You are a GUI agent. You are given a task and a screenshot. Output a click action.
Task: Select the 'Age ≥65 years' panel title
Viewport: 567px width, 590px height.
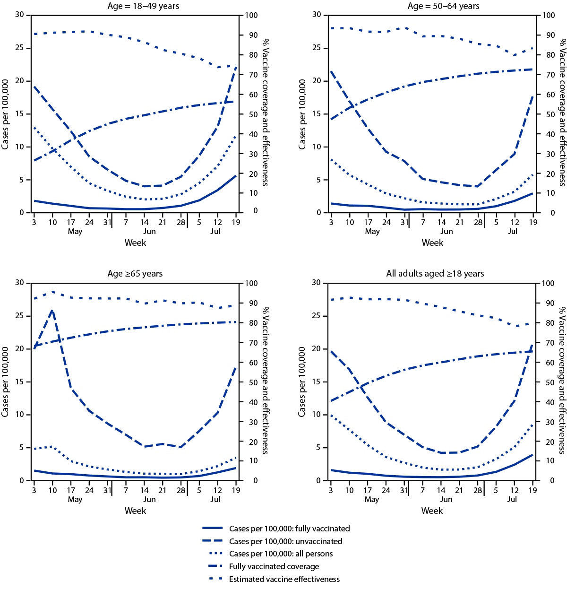click(x=135, y=274)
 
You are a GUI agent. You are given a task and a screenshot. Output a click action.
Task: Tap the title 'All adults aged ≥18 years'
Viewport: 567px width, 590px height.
click(x=435, y=274)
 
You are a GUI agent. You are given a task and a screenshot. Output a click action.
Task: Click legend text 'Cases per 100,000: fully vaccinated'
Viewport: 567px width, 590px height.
click(x=289, y=529)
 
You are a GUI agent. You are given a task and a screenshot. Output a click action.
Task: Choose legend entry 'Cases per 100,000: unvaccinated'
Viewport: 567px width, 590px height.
click(x=285, y=541)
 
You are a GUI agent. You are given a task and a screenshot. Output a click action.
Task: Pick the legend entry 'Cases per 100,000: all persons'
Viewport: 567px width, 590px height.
click(x=281, y=554)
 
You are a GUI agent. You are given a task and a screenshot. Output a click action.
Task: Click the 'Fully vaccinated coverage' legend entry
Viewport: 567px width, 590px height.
click(x=274, y=566)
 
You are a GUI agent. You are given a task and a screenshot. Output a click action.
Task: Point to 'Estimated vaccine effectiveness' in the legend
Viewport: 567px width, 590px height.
click(x=284, y=579)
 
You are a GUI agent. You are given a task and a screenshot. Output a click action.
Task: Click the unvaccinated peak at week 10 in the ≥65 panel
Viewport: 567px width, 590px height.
click(x=52, y=310)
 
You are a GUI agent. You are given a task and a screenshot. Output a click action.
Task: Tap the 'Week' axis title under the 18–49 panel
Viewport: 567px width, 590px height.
click(x=135, y=243)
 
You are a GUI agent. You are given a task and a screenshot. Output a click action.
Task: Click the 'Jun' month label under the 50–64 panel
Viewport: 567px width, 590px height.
click(x=447, y=231)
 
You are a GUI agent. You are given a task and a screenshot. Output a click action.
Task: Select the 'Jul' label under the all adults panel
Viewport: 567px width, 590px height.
click(x=512, y=499)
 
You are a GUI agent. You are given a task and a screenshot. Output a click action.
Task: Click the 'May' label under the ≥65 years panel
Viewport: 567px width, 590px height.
click(x=75, y=499)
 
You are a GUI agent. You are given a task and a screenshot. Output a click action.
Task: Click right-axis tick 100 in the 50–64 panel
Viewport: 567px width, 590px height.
click(x=549, y=16)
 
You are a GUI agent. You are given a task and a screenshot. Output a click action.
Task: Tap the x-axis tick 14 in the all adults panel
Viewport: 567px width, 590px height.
click(x=441, y=490)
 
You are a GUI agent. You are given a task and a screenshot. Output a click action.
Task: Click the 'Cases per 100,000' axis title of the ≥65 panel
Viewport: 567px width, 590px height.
click(x=6, y=382)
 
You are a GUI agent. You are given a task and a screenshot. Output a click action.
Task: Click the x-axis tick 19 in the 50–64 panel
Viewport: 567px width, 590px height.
click(x=533, y=222)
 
